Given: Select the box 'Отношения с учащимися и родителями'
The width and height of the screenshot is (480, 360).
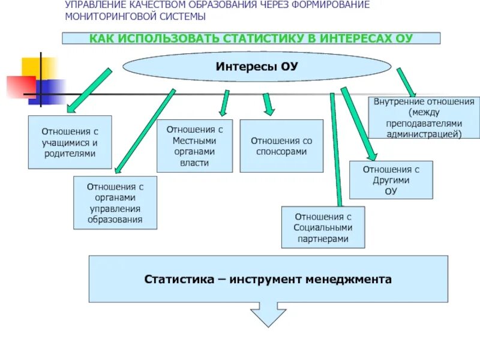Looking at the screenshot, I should (70, 142).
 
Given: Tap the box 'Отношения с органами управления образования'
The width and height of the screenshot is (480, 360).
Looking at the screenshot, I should (115, 203).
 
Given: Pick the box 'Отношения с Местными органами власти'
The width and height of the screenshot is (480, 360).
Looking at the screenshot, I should (194, 146).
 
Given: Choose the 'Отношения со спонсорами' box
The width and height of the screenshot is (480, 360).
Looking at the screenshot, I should (281, 146).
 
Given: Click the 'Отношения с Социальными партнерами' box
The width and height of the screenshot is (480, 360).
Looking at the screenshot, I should (323, 227).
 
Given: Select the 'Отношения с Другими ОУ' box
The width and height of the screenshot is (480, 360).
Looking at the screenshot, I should (391, 180).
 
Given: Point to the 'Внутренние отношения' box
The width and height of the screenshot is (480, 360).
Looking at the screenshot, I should (424, 118).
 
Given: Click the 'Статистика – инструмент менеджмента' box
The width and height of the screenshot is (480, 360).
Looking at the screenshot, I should (268, 279).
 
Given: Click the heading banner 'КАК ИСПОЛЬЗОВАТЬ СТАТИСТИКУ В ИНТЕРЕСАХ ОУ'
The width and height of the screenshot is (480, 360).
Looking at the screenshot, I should (251, 38).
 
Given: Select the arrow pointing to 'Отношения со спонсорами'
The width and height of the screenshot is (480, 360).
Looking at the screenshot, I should (268, 103).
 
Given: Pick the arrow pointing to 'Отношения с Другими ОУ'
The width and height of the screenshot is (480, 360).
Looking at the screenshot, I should (356, 124).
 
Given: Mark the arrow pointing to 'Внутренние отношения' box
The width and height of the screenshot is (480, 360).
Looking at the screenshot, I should (406, 82).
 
